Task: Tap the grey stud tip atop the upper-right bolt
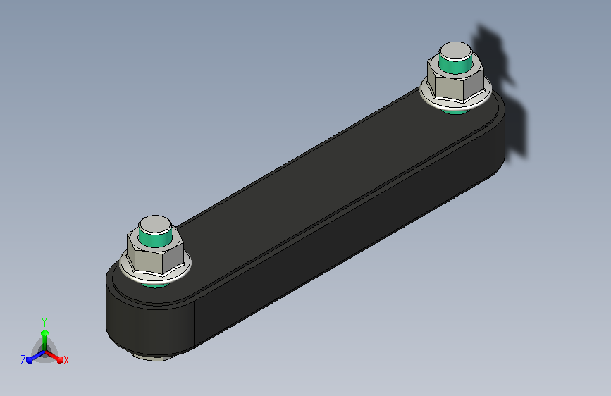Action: pyautogui.click(x=455, y=51)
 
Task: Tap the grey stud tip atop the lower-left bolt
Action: pyautogui.click(x=155, y=225)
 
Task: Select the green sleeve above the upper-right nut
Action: pyautogui.click(x=455, y=66)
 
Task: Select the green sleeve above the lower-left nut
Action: pyautogui.click(x=155, y=240)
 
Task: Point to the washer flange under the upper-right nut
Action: pyautogui.click(x=455, y=100)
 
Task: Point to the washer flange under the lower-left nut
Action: pyautogui.click(x=155, y=273)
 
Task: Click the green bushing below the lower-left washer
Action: pyautogui.click(x=155, y=285)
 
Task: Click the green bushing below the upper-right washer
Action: pyautogui.click(x=455, y=111)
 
